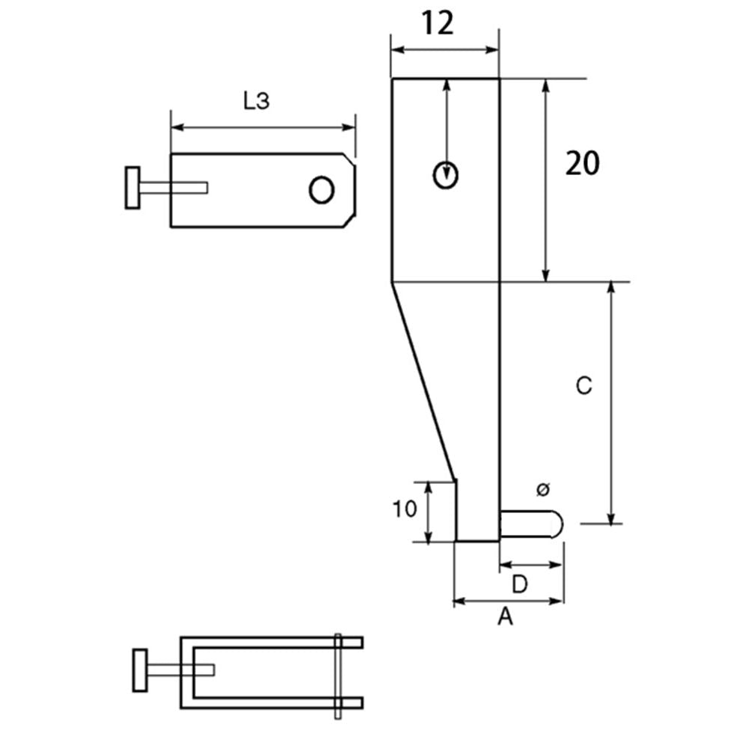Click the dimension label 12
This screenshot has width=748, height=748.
pyautogui.click(x=438, y=23)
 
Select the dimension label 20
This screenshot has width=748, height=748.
pyautogui.click(x=582, y=163)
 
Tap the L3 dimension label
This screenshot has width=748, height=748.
pyautogui.click(x=256, y=101)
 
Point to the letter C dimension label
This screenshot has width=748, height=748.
pyautogui.click(x=584, y=385)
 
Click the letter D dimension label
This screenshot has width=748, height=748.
pyautogui.click(x=520, y=584)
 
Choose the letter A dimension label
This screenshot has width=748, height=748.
pyautogui.click(x=505, y=616)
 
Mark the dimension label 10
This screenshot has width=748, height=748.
pyautogui.click(x=405, y=509)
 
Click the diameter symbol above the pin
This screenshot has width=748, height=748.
pyautogui.click(x=543, y=489)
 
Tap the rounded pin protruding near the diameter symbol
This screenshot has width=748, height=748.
pyautogui.click(x=531, y=524)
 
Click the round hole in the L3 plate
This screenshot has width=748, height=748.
pyautogui.click(x=322, y=190)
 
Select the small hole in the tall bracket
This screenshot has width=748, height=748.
pyautogui.click(x=446, y=176)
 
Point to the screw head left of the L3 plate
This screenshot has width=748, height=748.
pyautogui.click(x=132, y=188)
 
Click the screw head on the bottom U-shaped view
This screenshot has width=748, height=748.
pyautogui.click(x=140, y=670)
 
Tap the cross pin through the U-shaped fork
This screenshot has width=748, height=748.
pyautogui.click(x=338, y=676)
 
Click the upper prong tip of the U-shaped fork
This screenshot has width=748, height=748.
pyautogui.click(x=361, y=643)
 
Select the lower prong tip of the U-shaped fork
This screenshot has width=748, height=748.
pyautogui.click(x=361, y=702)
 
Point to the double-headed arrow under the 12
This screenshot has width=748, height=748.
pyautogui.click(x=445, y=49)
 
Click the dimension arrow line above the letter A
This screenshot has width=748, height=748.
pyautogui.click(x=509, y=601)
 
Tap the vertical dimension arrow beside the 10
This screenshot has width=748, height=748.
pyautogui.click(x=429, y=512)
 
